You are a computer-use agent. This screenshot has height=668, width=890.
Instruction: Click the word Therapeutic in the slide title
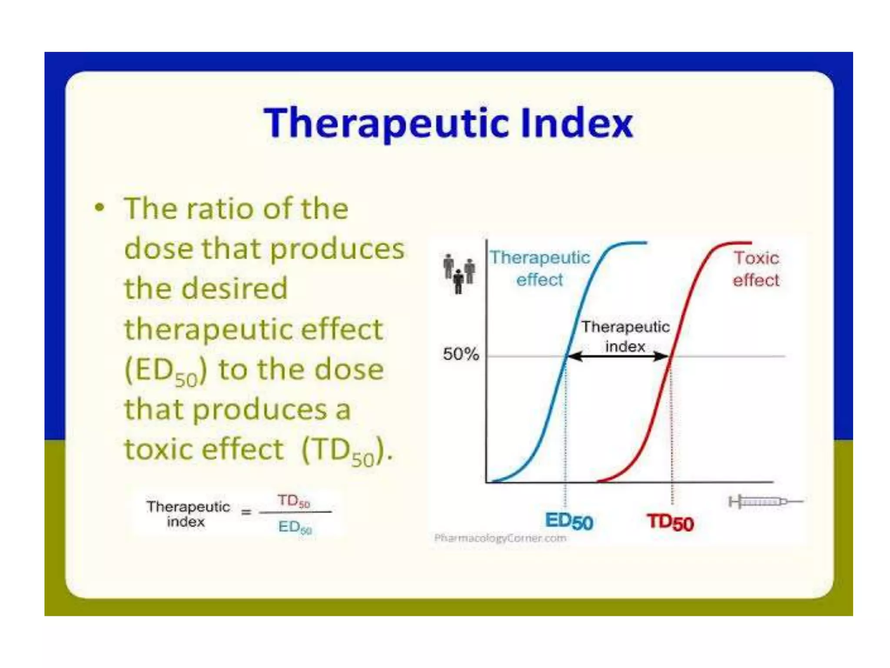pos(387,123)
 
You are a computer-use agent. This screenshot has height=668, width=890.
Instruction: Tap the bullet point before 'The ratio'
pos(100,207)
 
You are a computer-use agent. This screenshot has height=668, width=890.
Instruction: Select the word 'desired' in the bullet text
pos(235,288)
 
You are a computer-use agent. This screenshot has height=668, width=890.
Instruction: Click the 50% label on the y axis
pos(461,354)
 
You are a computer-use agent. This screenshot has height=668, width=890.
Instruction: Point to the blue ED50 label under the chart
pos(569,521)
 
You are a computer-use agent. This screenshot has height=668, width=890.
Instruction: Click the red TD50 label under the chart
pos(670,522)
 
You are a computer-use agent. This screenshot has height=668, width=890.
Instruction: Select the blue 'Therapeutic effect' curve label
pos(540,268)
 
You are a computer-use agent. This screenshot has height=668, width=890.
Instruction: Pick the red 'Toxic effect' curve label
pos(756,269)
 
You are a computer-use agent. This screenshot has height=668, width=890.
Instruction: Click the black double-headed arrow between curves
pos(618,357)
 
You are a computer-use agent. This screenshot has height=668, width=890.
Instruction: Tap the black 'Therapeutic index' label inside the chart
pos(625,336)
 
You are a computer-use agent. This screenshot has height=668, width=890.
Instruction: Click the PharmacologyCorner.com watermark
pos(500,538)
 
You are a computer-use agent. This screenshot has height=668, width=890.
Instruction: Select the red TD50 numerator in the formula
pos(294,501)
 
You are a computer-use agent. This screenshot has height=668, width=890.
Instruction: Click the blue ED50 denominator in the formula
pos(295,527)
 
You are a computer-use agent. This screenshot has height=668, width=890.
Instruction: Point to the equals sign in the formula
pos(246,512)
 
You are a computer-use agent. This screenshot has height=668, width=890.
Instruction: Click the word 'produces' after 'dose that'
pos(337,249)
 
